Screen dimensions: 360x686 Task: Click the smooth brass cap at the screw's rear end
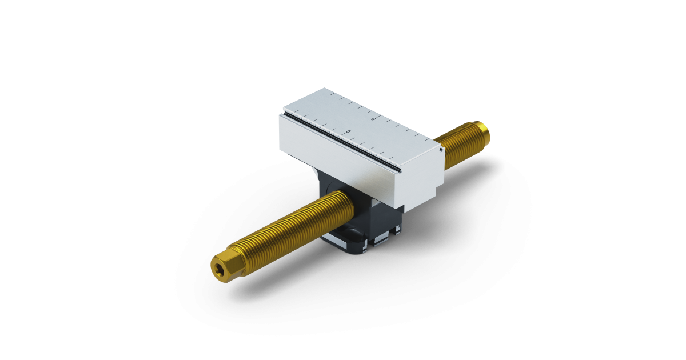point(484,131)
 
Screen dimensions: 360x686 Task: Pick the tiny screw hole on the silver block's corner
point(442,150)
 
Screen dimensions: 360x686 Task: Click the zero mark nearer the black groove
point(348,131)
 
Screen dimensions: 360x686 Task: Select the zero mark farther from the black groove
point(373,119)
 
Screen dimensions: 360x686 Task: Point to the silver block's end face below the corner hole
point(434,171)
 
